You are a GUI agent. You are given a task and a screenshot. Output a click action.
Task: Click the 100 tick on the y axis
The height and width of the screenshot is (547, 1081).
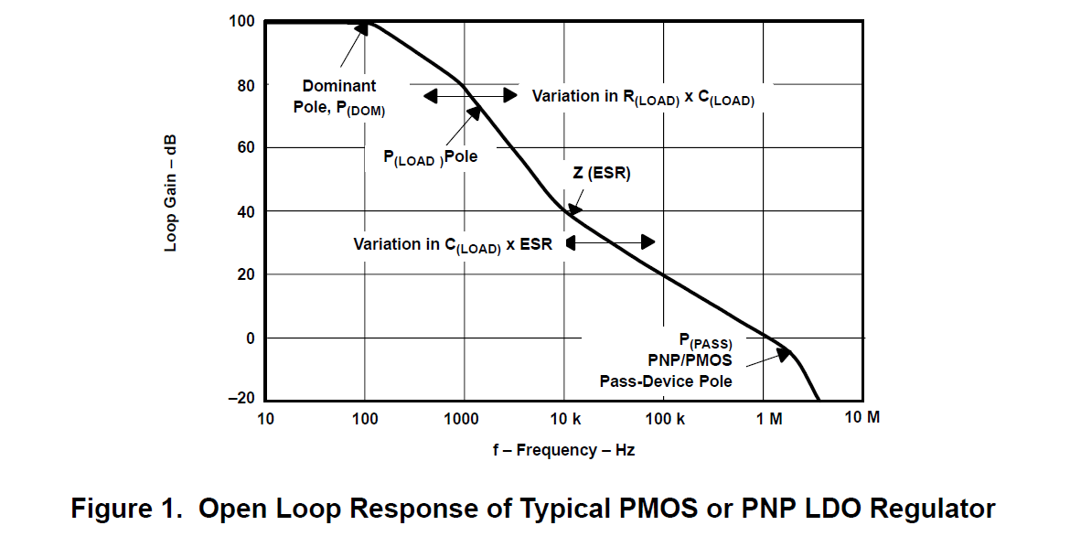(x=241, y=21)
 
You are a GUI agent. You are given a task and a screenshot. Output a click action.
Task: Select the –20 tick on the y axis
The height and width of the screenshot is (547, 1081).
(x=241, y=401)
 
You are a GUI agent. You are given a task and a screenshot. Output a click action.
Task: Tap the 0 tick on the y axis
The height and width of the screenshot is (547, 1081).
(x=250, y=338)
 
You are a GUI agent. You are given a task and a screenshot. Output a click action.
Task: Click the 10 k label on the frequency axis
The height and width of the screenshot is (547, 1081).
(x=564, y=419)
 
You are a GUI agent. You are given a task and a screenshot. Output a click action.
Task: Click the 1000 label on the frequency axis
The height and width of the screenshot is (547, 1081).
(x=463, y=419)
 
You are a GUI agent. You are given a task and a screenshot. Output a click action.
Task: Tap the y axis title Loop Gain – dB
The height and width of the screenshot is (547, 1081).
(x=171, y=193)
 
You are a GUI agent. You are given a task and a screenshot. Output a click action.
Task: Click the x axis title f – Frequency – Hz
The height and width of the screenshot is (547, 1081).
(x=562, y=450)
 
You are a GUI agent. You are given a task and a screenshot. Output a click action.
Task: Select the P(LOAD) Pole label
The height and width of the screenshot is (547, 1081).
(x=430, y=157)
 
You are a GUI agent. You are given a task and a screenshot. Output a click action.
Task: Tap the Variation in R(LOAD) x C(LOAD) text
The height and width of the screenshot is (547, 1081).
(x=643, y=97)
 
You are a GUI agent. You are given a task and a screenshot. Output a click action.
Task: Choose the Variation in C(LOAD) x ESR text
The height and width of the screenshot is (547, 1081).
(x=453, y=245)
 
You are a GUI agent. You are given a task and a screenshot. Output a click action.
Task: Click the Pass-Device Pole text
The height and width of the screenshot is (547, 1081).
(x=666, y=381)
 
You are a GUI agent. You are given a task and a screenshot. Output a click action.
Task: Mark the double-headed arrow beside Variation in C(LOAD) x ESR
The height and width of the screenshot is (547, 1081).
(x=610, y=242)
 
